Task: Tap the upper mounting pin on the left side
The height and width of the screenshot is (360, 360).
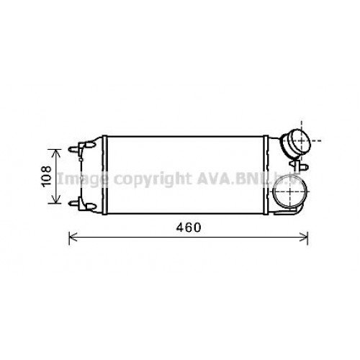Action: [x=74, y=150]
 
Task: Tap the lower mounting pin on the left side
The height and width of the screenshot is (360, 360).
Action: [x=74, y=204]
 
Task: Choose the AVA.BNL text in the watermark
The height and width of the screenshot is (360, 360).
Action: [x=215, y=177]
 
